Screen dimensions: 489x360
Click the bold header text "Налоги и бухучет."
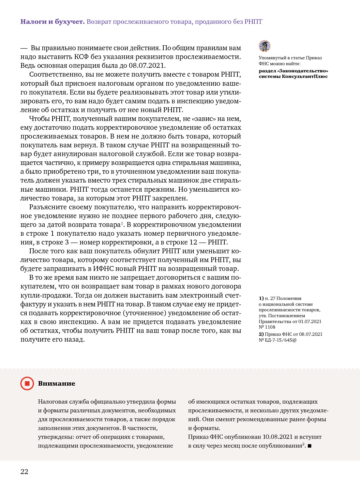(x=52, y=22)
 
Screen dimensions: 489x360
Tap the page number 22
(x=24, y=471)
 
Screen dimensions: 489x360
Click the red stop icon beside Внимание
(x=27, y=383)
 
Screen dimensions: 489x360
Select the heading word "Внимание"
(x=56, y=384)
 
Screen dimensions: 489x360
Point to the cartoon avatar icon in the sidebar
(x=264, y=46)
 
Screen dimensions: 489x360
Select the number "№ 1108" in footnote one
(x=267, y=327)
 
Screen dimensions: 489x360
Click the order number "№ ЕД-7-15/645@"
(x=277, y=340)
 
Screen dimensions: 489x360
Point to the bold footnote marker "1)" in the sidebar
(x=261, y=298)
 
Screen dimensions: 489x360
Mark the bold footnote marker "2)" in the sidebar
(x=261, y=334)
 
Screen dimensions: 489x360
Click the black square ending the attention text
(x=309, y=446)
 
